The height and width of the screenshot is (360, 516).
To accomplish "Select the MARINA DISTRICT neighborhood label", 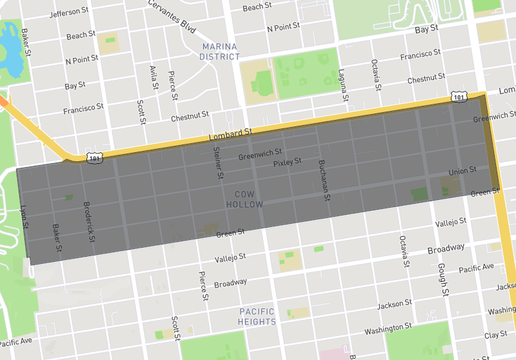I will (219, 52).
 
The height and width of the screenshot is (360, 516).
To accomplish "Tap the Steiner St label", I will (219, 163).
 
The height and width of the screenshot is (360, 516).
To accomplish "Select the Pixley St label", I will (287, 163).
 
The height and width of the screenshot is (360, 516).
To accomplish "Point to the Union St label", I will (462, 170).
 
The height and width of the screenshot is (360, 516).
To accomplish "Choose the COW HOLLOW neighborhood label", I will (244, 199).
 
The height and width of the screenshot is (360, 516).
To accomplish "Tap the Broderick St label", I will (90, 221).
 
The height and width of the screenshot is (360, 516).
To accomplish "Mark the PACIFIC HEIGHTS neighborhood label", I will (257, 317).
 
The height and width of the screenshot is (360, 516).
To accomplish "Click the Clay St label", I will (496, 335).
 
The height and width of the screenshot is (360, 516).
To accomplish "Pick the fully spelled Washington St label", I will (388, 329).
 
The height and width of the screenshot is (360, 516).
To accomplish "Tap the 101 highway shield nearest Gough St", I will (458, 97).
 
